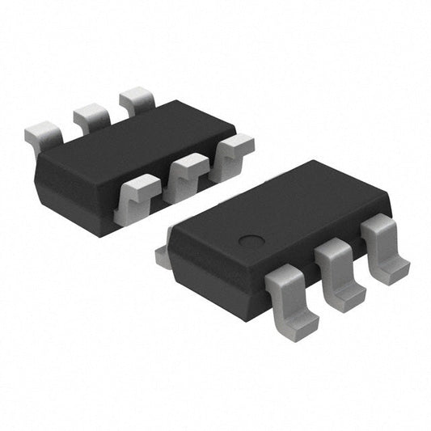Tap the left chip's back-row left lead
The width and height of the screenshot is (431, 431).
pyautogui.click(x=43, y=135)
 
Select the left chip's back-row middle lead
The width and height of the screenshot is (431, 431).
pyautogui.click(x=91, y=118)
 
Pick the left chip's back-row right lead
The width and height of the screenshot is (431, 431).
pyautogui.click(x=136, y=100)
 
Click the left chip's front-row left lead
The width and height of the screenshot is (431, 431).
pyautogui.click(x=137, y=196)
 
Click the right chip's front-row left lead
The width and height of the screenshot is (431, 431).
pyautogui.click(x=291, y=299)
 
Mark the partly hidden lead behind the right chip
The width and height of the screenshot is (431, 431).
pyautogui.click(x=163, y=256)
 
